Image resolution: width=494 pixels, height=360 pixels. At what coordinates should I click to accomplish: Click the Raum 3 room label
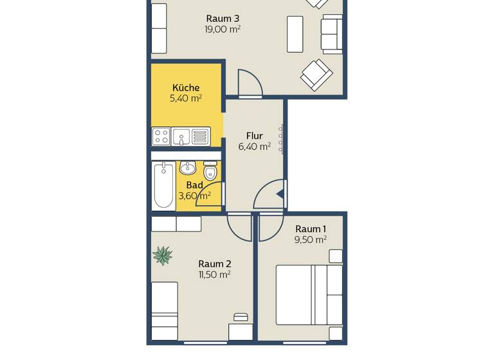coord(223,18)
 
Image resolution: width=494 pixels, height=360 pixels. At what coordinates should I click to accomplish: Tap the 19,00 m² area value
coord(223,29)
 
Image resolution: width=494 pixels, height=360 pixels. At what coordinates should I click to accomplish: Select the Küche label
coord(186,87)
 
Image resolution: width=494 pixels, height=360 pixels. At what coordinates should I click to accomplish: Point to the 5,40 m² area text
coord(186,98)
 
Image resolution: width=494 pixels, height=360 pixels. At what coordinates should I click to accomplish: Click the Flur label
coord(255,136)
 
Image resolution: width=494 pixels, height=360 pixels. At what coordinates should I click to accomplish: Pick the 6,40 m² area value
coord(255,147)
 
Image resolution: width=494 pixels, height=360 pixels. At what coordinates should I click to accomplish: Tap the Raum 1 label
coord(311,229)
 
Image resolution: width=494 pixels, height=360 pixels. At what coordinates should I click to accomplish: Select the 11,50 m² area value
coord(215,274)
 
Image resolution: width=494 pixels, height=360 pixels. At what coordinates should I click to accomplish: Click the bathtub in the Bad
coord(163,186)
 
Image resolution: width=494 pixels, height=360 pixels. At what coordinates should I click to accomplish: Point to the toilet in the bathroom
coord(210,172)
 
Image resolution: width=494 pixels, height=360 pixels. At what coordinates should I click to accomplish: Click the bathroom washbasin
coord(188,168)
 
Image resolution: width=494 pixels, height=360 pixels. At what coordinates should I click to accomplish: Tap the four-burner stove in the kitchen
coord(161,136)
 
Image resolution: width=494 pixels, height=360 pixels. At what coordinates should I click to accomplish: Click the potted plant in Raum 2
coord(163,256)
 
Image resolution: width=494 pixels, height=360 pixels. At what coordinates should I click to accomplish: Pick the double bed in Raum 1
coord(309,294)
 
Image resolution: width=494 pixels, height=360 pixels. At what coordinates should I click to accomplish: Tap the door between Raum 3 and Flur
coord(250,84)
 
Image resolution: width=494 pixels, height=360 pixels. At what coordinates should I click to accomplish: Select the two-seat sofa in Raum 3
coord(332,34)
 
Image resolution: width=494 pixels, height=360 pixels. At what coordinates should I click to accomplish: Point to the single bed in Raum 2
coord(165,310)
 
